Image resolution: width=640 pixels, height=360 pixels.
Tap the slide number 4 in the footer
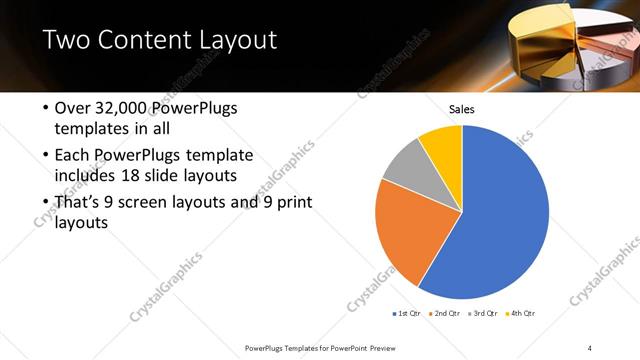[590, 347]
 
